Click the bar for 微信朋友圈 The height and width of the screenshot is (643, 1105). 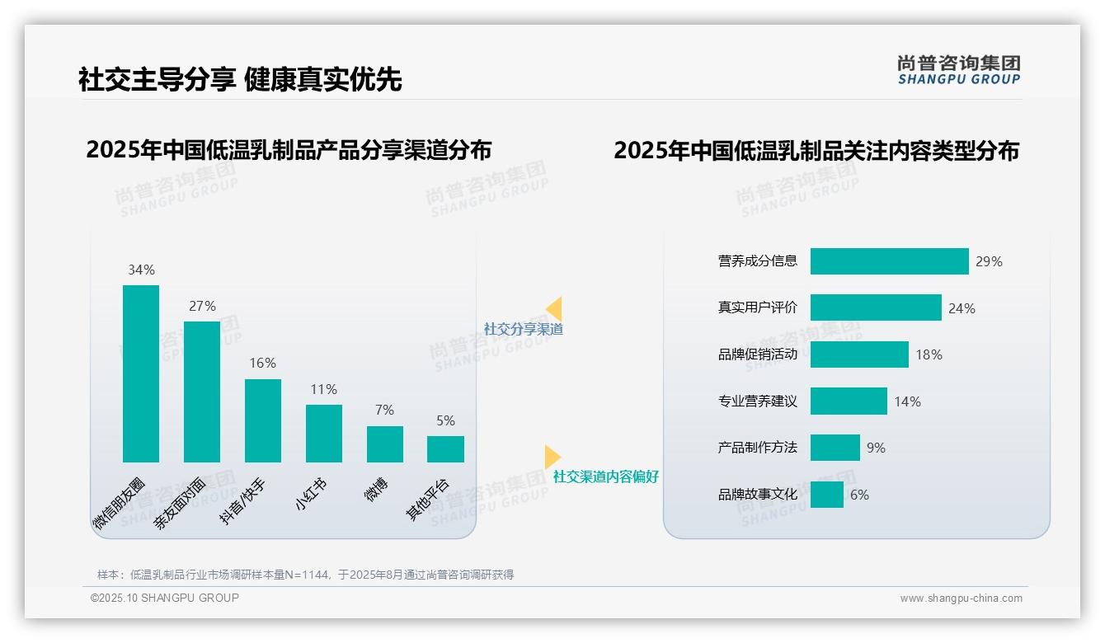point(141,373)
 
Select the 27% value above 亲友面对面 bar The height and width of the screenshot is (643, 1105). point(202,306)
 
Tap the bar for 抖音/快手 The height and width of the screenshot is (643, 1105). point(263,420)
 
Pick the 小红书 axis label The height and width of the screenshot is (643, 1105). point(311,495)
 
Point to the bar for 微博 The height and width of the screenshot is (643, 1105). point(385,444)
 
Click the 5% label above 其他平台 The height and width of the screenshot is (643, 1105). point(445,420)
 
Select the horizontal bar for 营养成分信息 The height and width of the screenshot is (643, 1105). point(889,261)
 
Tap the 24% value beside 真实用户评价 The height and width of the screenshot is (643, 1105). point(962,308)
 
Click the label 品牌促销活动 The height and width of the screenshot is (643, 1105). point(758,354)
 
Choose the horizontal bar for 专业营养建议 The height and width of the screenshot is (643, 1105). point(849,401)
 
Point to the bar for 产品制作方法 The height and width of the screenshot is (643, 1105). point(835,448)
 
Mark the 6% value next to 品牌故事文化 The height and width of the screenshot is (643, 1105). point(859,495)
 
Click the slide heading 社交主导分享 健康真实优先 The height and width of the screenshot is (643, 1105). point(240,79)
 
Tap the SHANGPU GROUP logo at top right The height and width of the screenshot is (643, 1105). point(958,70)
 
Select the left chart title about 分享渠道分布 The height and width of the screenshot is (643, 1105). point(289,150)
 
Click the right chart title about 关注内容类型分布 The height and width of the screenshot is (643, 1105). point(816,150)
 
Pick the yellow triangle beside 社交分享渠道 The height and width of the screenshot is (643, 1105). point(554,308)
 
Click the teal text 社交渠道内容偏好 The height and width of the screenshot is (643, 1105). point(606,476)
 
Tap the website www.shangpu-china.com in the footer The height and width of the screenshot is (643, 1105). point(961,598)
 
